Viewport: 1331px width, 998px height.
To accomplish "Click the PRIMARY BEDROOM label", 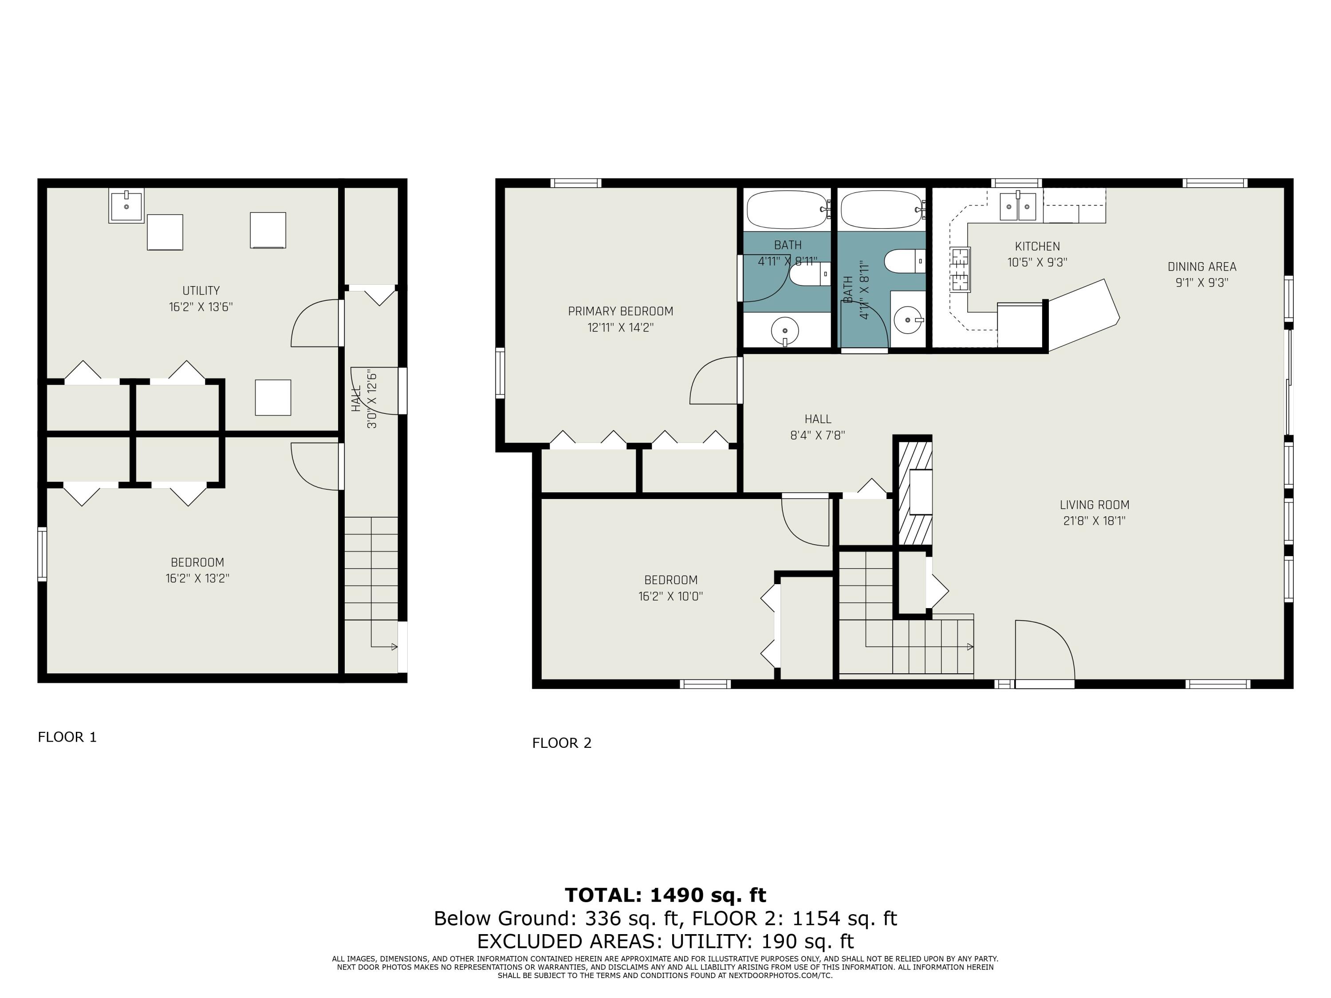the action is point(620,311).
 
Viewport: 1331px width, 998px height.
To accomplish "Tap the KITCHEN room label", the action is point(1037,246).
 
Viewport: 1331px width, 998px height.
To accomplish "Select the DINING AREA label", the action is point(1201,267).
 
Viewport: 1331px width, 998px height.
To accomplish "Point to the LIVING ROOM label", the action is point(1095,505).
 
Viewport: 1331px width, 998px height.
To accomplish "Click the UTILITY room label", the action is point(201,291).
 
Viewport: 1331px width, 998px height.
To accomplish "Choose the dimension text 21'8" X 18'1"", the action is point(1095,521).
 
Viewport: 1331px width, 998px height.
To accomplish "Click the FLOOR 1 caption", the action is point(67,737).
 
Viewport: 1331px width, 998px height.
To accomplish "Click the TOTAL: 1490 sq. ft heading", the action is point(665,895).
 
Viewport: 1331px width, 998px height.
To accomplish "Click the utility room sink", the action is point(126,206).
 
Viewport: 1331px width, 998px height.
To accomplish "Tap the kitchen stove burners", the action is point(961,270).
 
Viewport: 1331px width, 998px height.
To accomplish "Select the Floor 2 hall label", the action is point(818,419).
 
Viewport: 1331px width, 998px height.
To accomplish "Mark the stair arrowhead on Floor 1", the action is point(395,647).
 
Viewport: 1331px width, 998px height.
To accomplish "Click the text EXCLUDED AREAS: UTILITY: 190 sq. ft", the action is point(665,941).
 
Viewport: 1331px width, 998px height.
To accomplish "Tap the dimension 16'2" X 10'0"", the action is point(671,597).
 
